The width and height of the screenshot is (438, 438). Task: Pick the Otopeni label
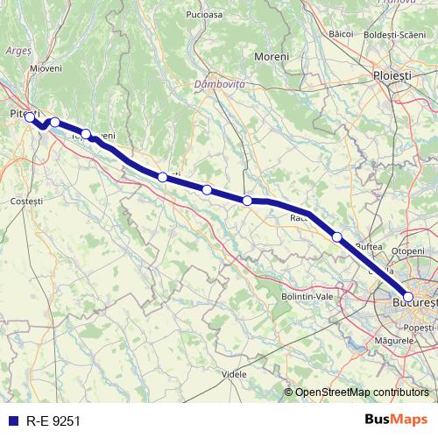coord(407,251)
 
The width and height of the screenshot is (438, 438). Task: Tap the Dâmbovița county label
coord(219,84)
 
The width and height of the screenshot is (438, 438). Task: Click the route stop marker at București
coord(408,297)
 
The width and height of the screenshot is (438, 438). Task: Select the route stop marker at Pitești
coord(29,117)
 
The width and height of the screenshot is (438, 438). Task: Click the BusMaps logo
coord(393,420)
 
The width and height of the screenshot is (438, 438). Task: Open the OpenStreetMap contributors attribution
coord(360,392)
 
